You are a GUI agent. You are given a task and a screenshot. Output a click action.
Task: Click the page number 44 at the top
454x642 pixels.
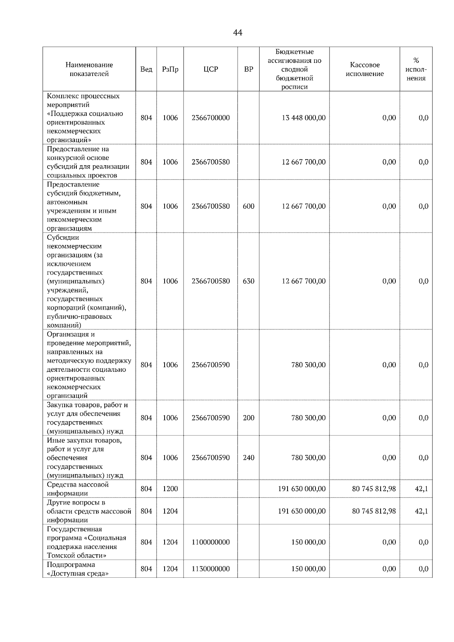pyautogui.click(x=238, y=33)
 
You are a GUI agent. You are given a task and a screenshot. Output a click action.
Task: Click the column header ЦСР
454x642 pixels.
pyautogui.click(x=211, y=69)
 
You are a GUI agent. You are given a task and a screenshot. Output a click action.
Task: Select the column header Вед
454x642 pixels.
pyautogui.click(x=146, y=69)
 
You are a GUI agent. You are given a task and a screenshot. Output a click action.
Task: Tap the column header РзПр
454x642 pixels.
pyautogui.click(x=170, y=69)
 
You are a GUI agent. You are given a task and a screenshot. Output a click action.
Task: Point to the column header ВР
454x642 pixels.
pyautogui.click(x=249, y=69)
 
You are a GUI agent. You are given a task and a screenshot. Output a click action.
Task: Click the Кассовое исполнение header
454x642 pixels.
pyautogui.click(x=364, y=69)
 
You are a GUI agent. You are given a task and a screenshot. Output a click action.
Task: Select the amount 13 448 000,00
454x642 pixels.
pyautogui.click(x=303, y=118)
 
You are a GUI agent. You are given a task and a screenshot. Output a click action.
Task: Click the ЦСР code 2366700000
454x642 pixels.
pyautogui.click(x=211, y=118)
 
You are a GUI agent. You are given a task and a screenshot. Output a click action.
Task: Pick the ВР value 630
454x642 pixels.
pyautogui.click(x=249, y=281)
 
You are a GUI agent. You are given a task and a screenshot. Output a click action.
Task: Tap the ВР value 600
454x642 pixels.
pyautogui.click(x=249, y=206)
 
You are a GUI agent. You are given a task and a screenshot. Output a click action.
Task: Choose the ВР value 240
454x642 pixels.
pyautogui.click(x=249, y=457)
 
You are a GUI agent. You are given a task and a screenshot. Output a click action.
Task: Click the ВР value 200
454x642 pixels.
pyautogui.click(x=249, y=418)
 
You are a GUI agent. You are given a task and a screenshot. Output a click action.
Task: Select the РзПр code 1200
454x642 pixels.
pyautogui.click(x=170, y=488)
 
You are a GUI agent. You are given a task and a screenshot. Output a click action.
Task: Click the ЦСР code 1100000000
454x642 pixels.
pyautogui.click(x=211, y=542)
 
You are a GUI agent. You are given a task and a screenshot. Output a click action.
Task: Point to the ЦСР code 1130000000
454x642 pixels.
pyautogui.click(x=211, y=569)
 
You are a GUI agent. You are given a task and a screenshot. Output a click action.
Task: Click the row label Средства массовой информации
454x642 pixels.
pyautogui.click(x=78, y=488)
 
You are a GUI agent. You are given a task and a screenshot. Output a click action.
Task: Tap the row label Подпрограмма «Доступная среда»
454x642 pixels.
pyautogui.click(x=78, y=569)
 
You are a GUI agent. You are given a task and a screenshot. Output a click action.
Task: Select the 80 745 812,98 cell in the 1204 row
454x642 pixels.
pyautogui.click(x=374, y=511)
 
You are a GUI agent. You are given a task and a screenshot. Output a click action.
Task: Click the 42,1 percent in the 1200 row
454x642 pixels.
pyautogui.click(x=421, y=488)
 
